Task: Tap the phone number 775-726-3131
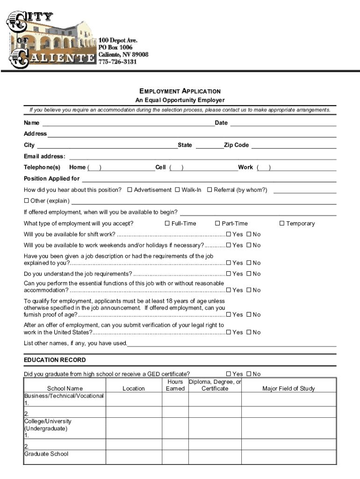click(117, 62)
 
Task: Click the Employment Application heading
click(180, 91)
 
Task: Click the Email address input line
click(201, 157)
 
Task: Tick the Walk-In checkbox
click(178, 190)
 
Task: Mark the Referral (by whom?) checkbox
click(210, 190)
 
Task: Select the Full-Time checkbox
click(167, 224)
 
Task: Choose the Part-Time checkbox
click(217, 224)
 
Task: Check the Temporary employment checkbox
click(282, 224)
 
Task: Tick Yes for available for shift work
click(229, 234)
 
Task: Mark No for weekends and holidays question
click(249, 246)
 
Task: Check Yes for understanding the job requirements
click(229, 274)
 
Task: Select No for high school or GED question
click(249, 374)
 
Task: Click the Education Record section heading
click(55, 360)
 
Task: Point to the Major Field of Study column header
click(288, 389)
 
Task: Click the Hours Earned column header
click(175, 385)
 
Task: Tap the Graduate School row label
click(46, 454)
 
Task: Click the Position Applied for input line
click(209, 179)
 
